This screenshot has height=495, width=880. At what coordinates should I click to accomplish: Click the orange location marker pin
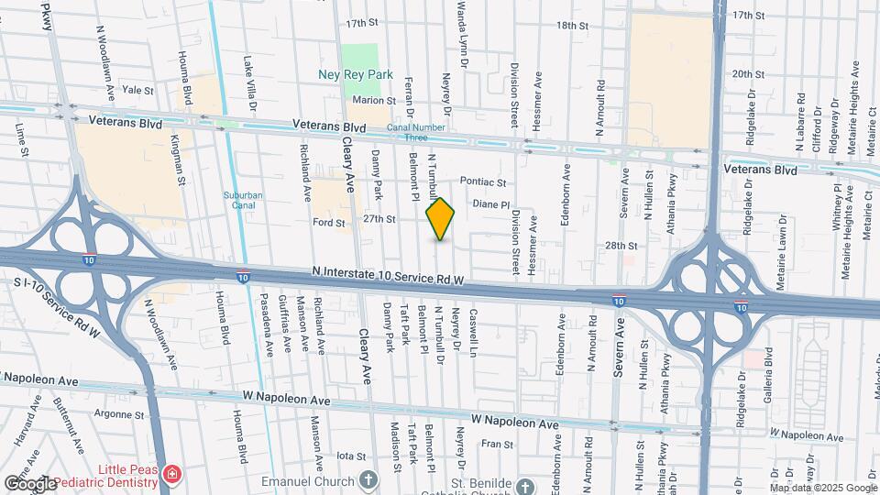point(441,219)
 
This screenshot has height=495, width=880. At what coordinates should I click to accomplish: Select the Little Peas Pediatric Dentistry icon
point(172,473)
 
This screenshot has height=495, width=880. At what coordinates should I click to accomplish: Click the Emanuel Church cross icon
point(368,479)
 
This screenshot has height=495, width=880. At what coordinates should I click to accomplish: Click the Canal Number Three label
point(406,133)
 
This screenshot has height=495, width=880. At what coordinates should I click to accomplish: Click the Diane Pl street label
point(490,205)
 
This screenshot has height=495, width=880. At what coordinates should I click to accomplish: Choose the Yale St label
point(137,90)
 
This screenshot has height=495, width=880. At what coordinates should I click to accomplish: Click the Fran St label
point(497,444)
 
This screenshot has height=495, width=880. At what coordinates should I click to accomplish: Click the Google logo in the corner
point(30,483)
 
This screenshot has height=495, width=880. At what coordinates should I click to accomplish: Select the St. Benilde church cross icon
point(524,486)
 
